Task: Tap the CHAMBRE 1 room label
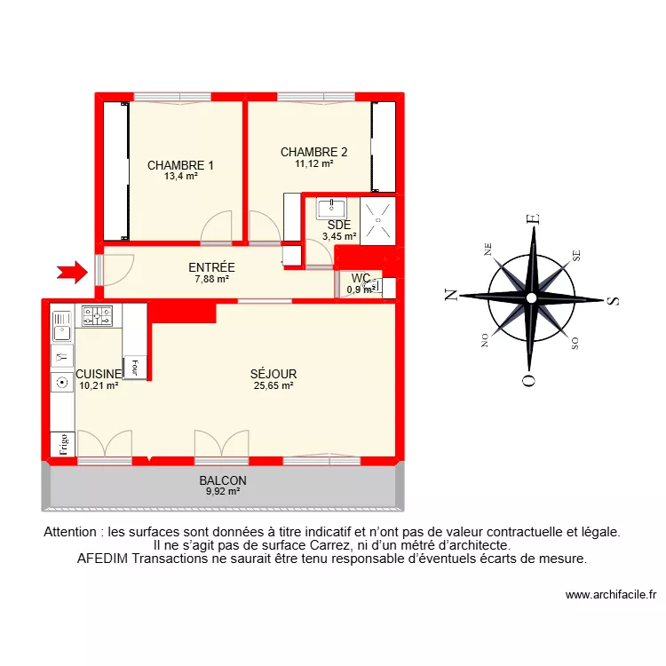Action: point(180,165)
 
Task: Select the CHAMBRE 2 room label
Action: point(313,152)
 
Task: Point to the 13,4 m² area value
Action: point(180,177)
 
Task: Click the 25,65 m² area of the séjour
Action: point(274,385)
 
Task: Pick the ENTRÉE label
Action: point(211,267)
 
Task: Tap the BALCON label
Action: point(223,480)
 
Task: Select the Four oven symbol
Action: point(135,366)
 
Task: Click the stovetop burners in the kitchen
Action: point(98,314)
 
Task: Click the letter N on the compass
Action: point(451,297)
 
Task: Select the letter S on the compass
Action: point(611,299)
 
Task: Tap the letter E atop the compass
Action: point(533,219)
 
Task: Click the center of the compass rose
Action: point(531,297)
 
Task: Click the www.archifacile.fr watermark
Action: point(609,596)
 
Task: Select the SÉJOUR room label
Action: point(274,374)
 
